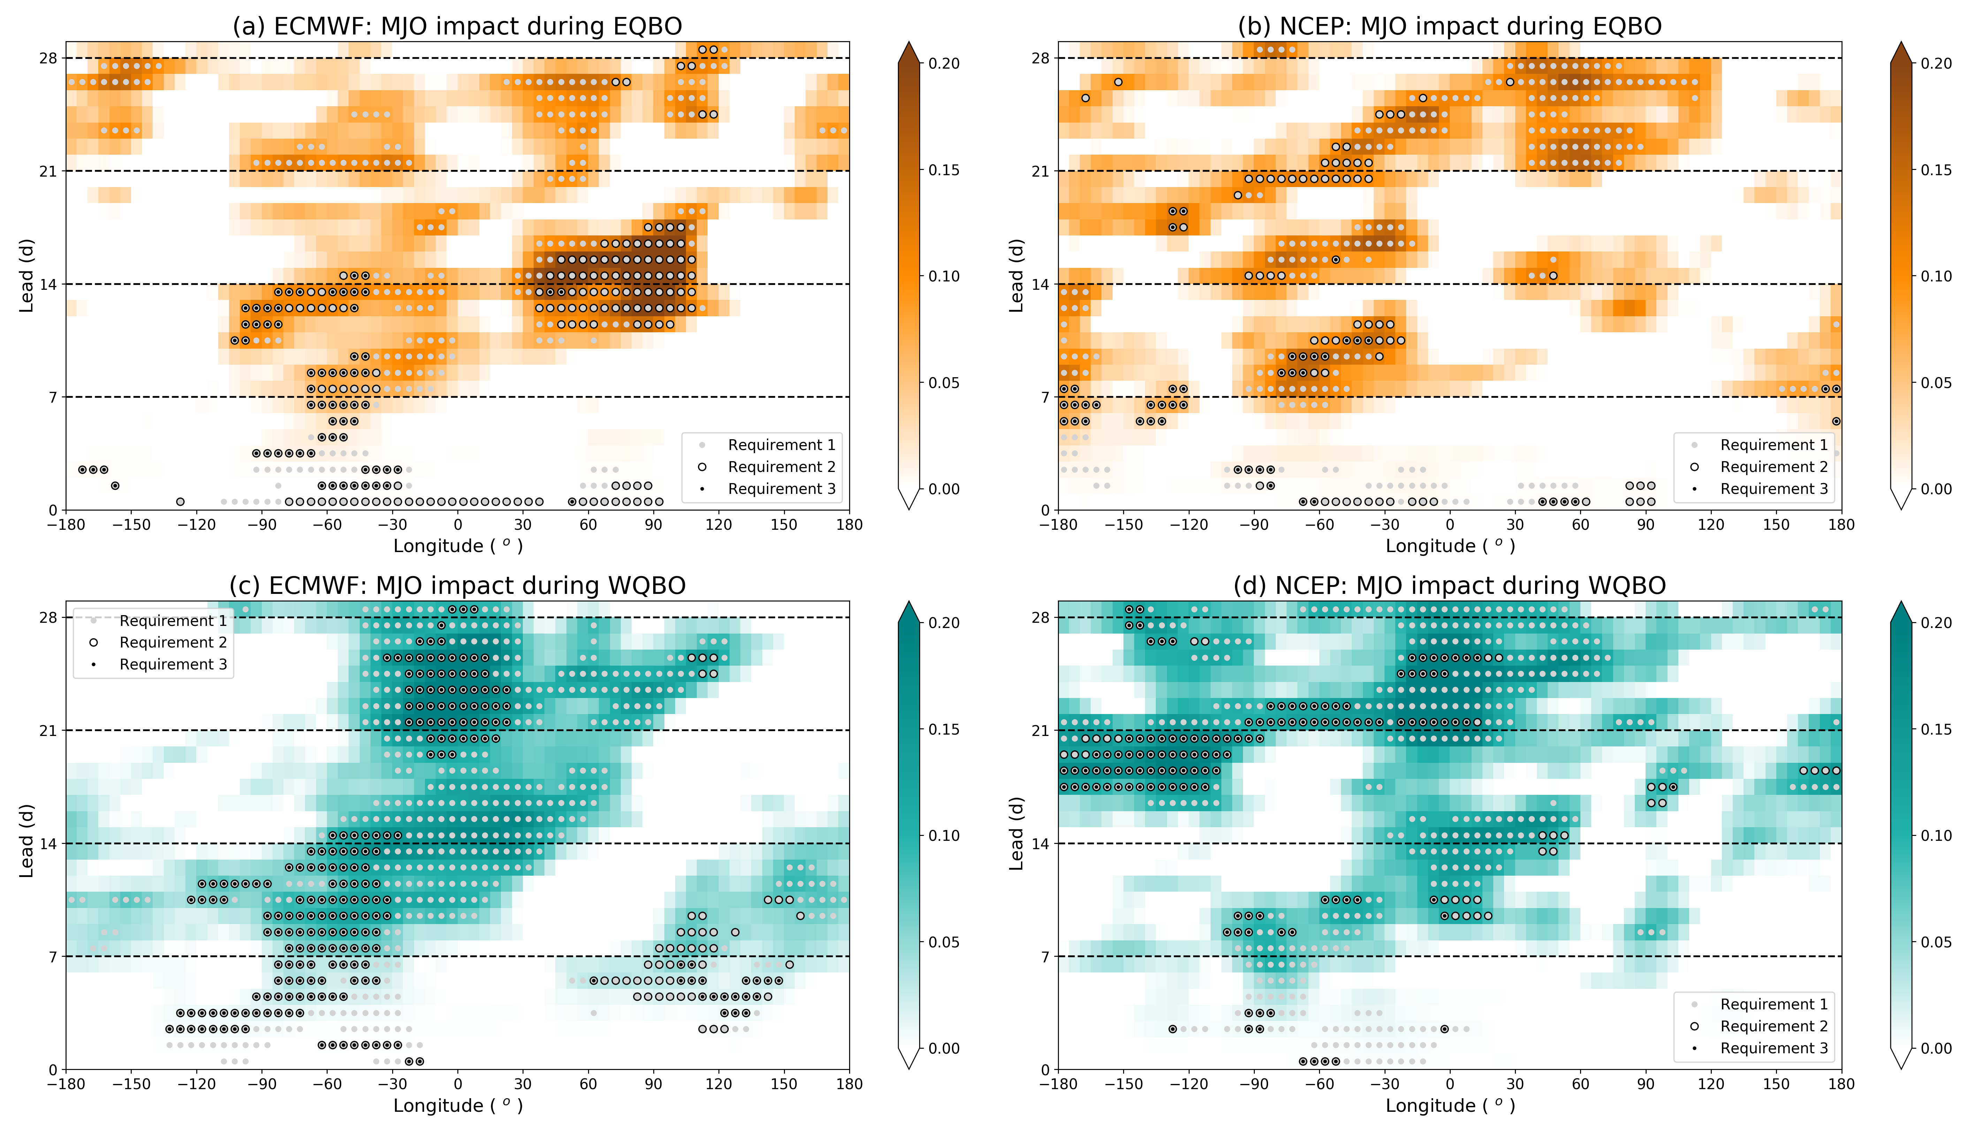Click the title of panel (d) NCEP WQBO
click(x=1449, y=586)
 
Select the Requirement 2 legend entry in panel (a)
click(x=781, y=466)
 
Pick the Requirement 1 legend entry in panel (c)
click(x=173, y=620)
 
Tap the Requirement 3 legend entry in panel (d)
click(x=1774, y=1048)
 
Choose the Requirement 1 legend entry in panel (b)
click(x=1774, y=445)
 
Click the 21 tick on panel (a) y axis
click(x=48, y=171)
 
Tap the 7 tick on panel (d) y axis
click(x=1045, y=956)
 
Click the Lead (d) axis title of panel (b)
click(x=1016, y=276)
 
